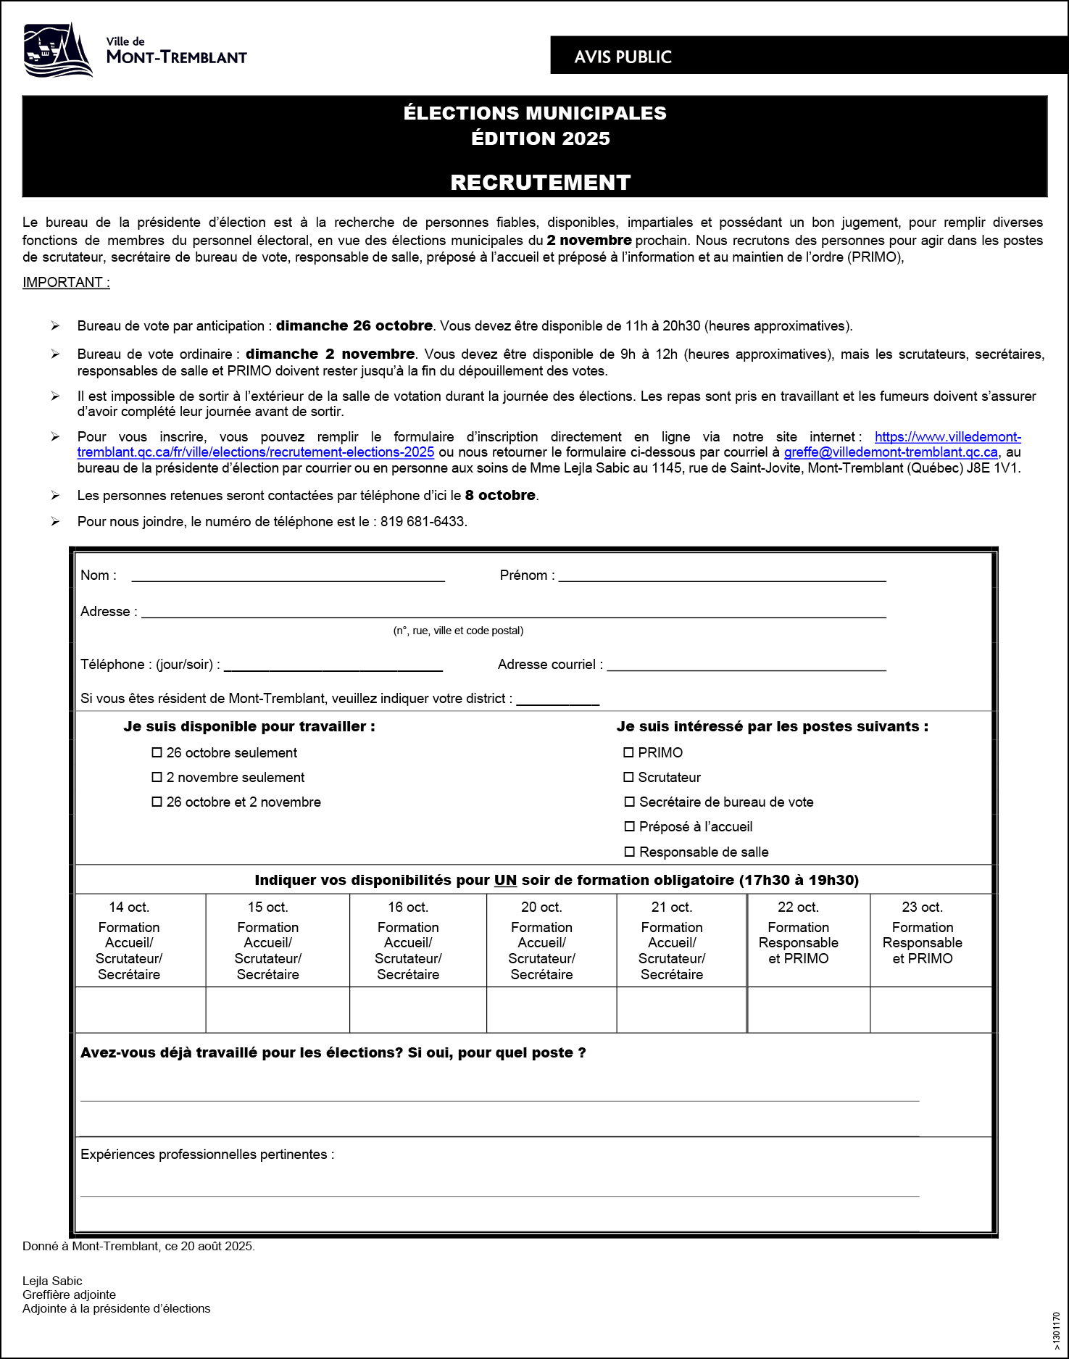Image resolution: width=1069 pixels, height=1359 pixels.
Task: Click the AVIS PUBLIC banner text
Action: coord(623,57)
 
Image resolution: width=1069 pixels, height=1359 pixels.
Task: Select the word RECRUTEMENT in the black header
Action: coord(540,182)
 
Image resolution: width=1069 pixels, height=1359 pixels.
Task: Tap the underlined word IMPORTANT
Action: coord(66,282)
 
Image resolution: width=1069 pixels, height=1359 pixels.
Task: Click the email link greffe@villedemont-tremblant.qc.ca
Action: coord(891,452)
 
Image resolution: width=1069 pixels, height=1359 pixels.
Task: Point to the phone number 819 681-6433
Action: coord(423,521)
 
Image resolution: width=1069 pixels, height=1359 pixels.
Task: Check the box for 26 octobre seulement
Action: coord(157,752)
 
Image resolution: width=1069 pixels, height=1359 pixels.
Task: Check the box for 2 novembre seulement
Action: coord(157,777)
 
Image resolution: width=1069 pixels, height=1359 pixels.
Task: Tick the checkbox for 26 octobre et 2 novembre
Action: coord(157,802)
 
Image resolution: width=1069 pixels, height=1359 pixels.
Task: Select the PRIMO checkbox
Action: coord(628,752)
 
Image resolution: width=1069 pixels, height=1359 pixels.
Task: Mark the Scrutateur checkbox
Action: coord(628,777)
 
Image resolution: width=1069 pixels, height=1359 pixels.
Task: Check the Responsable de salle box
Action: coord(629,852)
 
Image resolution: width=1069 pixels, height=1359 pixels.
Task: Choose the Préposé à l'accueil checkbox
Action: coord(629,826)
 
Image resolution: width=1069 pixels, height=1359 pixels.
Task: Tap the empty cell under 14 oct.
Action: coord(141,1010)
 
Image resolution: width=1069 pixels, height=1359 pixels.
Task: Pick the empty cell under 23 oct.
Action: coord(931,1010)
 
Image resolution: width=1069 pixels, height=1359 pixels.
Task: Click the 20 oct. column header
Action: coord(541,907)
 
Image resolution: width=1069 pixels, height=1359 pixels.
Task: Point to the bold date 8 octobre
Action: coord(500,495)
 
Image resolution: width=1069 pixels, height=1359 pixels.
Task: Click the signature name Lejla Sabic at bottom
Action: coord(52,1281)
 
